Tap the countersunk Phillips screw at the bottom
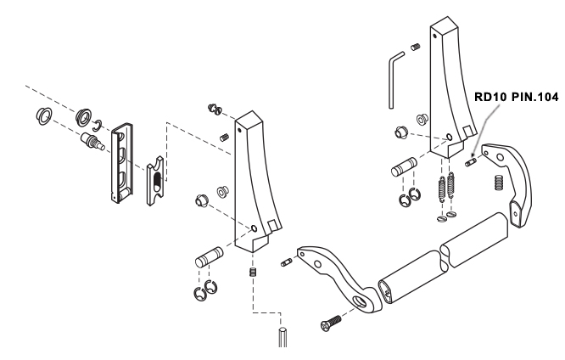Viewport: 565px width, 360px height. tap(330, 323)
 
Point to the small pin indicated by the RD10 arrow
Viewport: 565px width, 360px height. tap(471, 162)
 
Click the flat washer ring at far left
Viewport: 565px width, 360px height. tap(44, 116)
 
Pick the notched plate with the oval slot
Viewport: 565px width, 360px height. tap(155, 181)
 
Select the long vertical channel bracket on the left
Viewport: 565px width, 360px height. tap(121, 163)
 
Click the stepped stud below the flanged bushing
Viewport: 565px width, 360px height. tap(92, 142)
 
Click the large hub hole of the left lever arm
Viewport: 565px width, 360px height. tap(359, 301)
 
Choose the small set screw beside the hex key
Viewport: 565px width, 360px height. tap(416, 47)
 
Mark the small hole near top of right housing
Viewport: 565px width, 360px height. tap(435, 36)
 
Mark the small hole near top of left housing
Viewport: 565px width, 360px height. tap(238, 130)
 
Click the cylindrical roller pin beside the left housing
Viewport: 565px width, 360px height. tap(210, 257)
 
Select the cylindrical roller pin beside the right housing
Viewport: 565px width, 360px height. tap(404, 167)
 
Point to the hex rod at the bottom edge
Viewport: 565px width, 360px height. tap(282, 337)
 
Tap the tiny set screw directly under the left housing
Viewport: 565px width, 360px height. tap(253, 272)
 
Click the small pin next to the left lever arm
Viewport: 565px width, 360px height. tap(286, 262)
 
